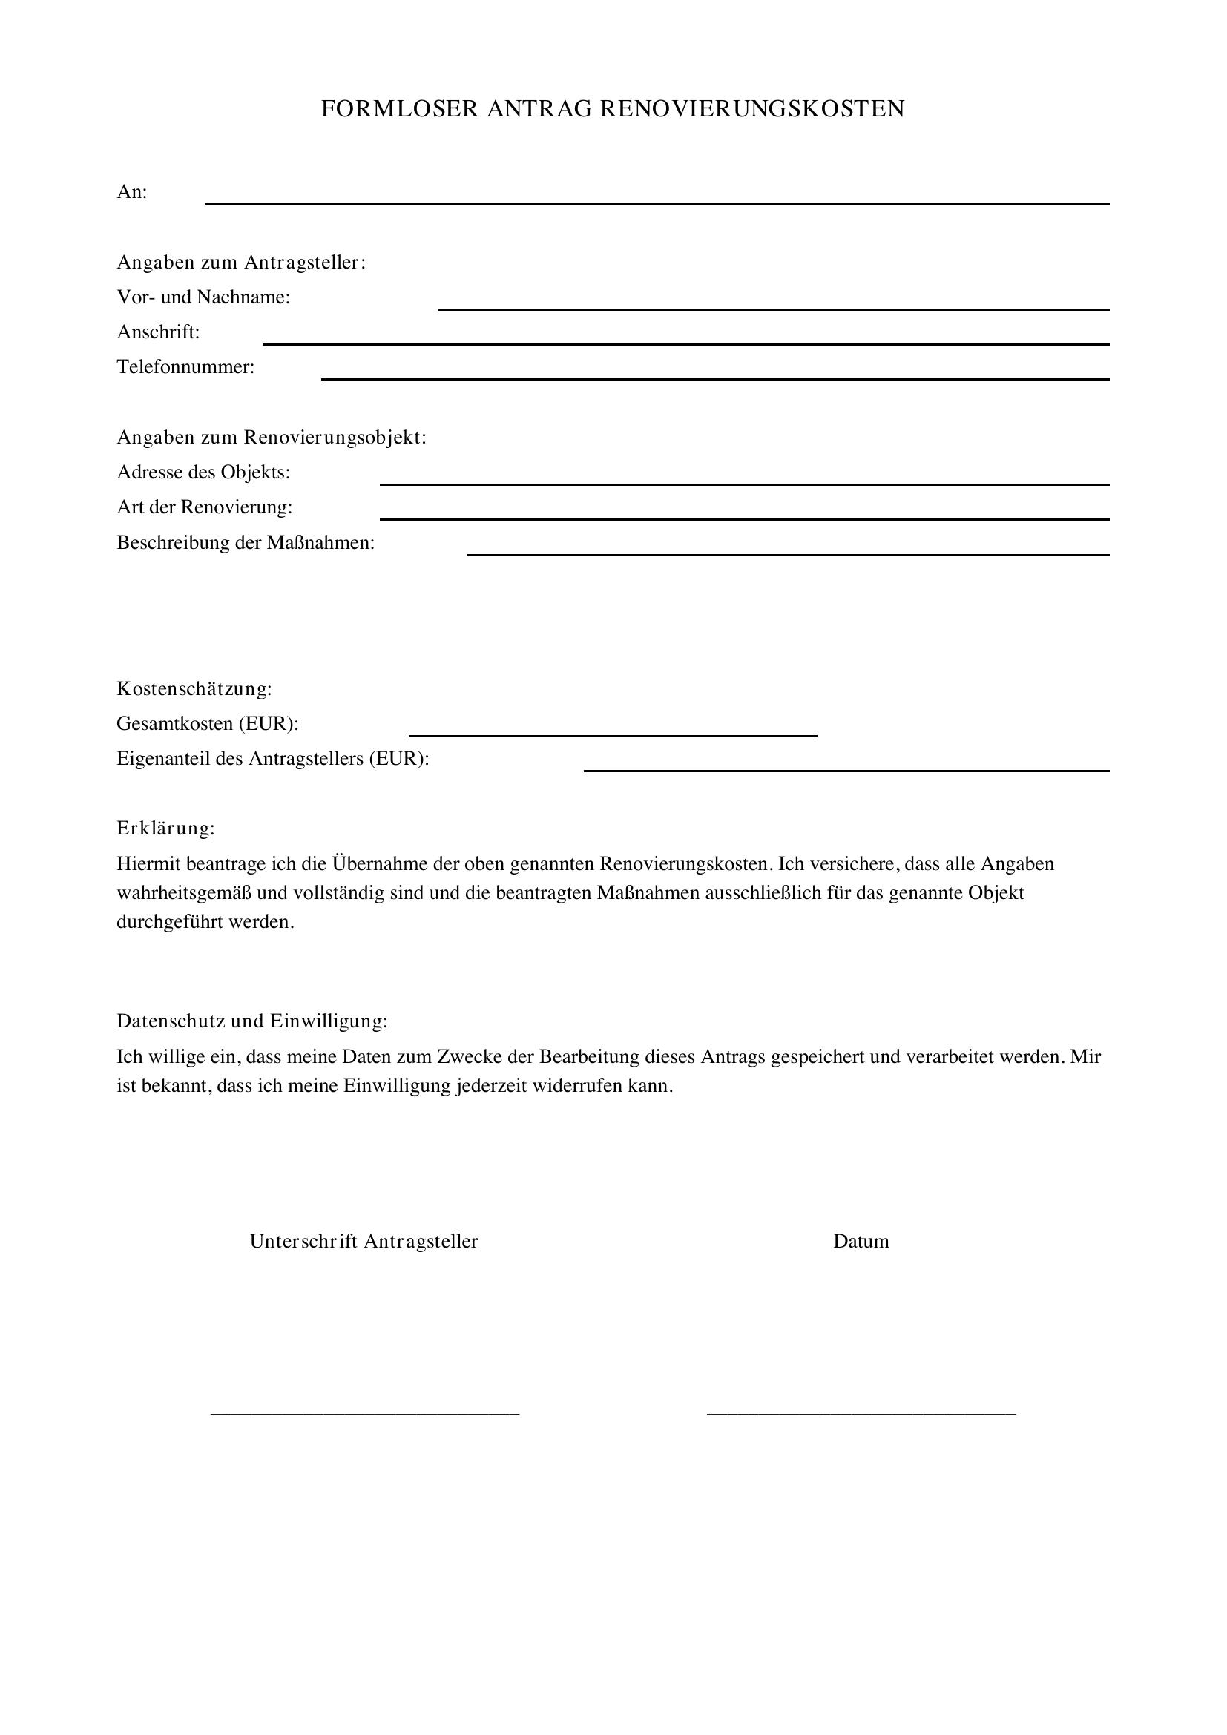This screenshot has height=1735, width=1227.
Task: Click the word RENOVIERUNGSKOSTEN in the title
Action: point(751,109)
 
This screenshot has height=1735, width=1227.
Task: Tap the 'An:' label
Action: point(131,192)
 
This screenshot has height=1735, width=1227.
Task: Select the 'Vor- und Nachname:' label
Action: point(203,297)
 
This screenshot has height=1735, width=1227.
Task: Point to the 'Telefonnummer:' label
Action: point(185,367)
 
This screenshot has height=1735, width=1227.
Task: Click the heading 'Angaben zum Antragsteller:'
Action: point(241,262)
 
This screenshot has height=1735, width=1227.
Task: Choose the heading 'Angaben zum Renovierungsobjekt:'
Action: point(272,438)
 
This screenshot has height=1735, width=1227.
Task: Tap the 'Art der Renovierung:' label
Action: point(204,507)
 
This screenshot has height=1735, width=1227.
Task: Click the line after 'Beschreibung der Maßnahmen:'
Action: point(787,553)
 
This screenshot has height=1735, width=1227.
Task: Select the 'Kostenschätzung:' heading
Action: point(194,689)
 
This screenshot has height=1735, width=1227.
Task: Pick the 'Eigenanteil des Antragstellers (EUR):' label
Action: point(273,759)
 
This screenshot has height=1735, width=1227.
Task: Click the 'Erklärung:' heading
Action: point(165,829)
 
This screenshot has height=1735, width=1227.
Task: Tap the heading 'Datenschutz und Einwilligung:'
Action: point(251,1021)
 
